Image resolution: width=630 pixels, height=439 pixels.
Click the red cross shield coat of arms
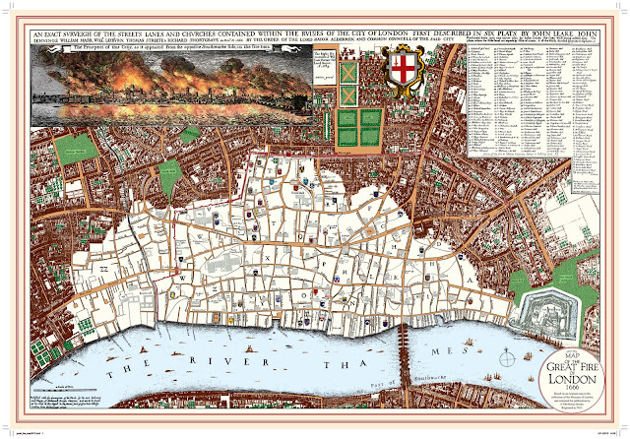pos(403,72)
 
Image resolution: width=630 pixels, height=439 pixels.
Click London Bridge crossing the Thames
pos(403,349)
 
